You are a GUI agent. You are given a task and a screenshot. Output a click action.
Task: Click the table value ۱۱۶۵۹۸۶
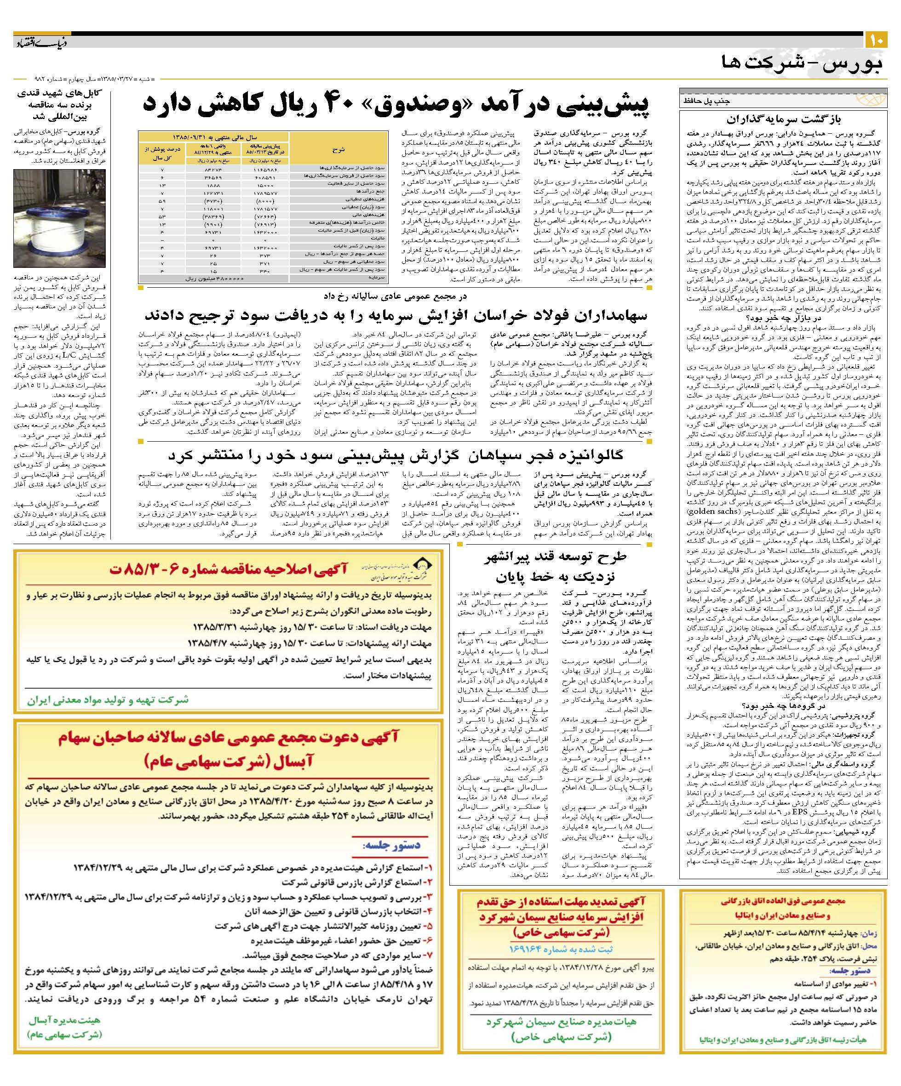click(x=264, y=169)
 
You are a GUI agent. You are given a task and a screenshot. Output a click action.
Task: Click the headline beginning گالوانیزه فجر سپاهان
click(x=396, y=455)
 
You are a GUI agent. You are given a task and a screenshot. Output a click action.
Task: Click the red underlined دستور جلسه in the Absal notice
click(x=392, y=845)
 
